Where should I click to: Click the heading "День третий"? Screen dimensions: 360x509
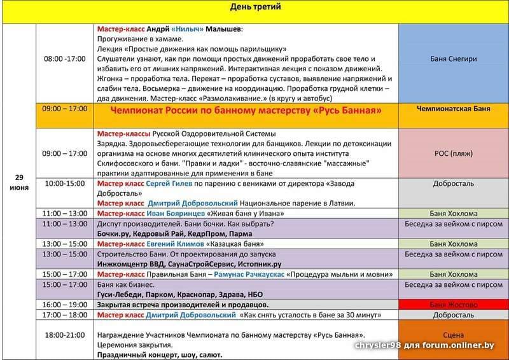click(254, 8)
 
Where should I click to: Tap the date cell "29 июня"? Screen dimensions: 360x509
click(19, 181)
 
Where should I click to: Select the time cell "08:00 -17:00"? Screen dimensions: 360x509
click(64, 59)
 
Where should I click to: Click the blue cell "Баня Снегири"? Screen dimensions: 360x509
click(453, 59)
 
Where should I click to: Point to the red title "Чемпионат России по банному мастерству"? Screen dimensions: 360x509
click(246, 111)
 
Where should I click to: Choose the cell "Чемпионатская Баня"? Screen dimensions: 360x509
click(453, 109)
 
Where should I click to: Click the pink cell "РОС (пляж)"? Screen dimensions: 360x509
click(453, 153)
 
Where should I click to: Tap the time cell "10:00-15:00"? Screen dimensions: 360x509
click(64, 183)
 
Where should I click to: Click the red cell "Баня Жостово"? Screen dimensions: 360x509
click(453, 305)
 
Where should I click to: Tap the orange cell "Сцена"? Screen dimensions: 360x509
click(453, 334)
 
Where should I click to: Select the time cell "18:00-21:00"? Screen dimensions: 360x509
click(64, 335)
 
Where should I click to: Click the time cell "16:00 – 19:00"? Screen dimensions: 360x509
click(64, 305)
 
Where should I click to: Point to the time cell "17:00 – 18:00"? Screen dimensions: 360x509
click(64, 315)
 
